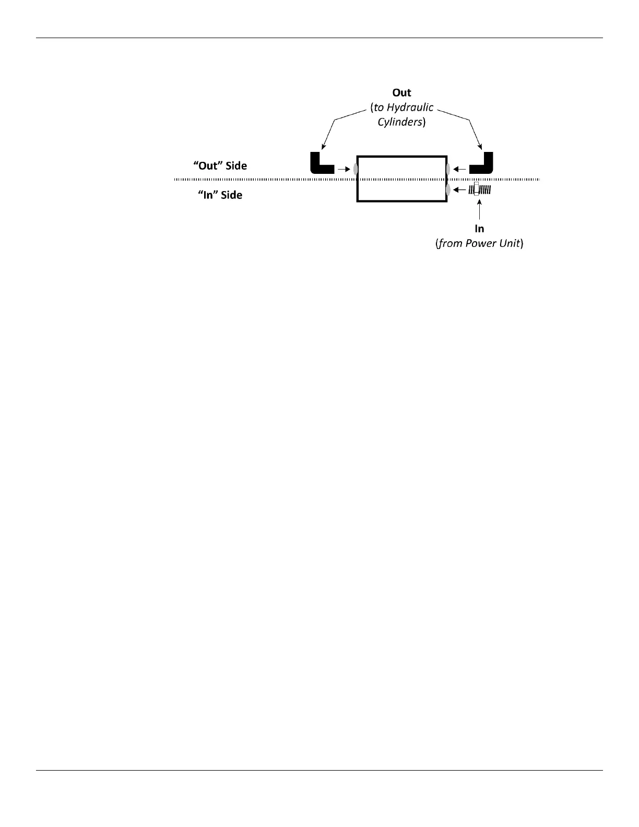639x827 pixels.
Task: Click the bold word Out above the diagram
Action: coord(401,93)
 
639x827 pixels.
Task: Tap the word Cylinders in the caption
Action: coord(399,123)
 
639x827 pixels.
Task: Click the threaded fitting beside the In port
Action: coord(479,190)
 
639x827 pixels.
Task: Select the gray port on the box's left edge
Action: coord(356,169)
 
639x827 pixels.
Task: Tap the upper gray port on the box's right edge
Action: coord(448,169)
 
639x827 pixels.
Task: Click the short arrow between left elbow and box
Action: coord(343,169)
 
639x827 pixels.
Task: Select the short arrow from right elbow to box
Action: coord(460,169)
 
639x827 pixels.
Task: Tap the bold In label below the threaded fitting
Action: coord(479,229)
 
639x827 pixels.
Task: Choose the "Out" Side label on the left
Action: coord(220,166)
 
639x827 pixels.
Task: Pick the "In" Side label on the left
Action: coord(220,195)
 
